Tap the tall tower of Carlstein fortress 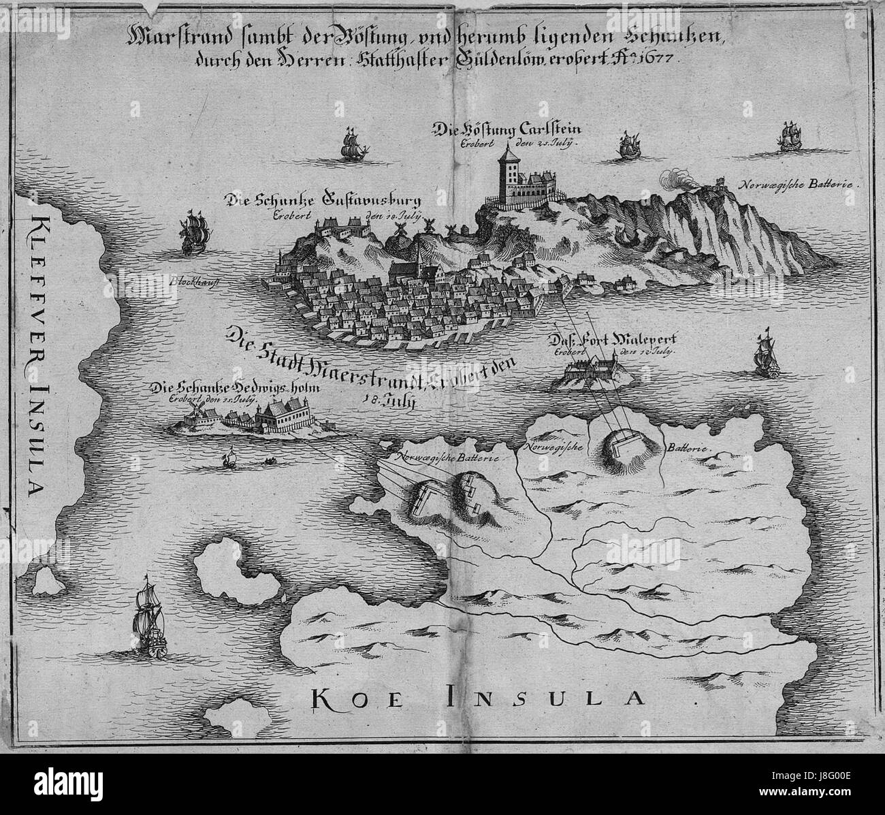pyautogui.click(x=507, y=176)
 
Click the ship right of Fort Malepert pyautogui.click(x=765, y=355)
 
